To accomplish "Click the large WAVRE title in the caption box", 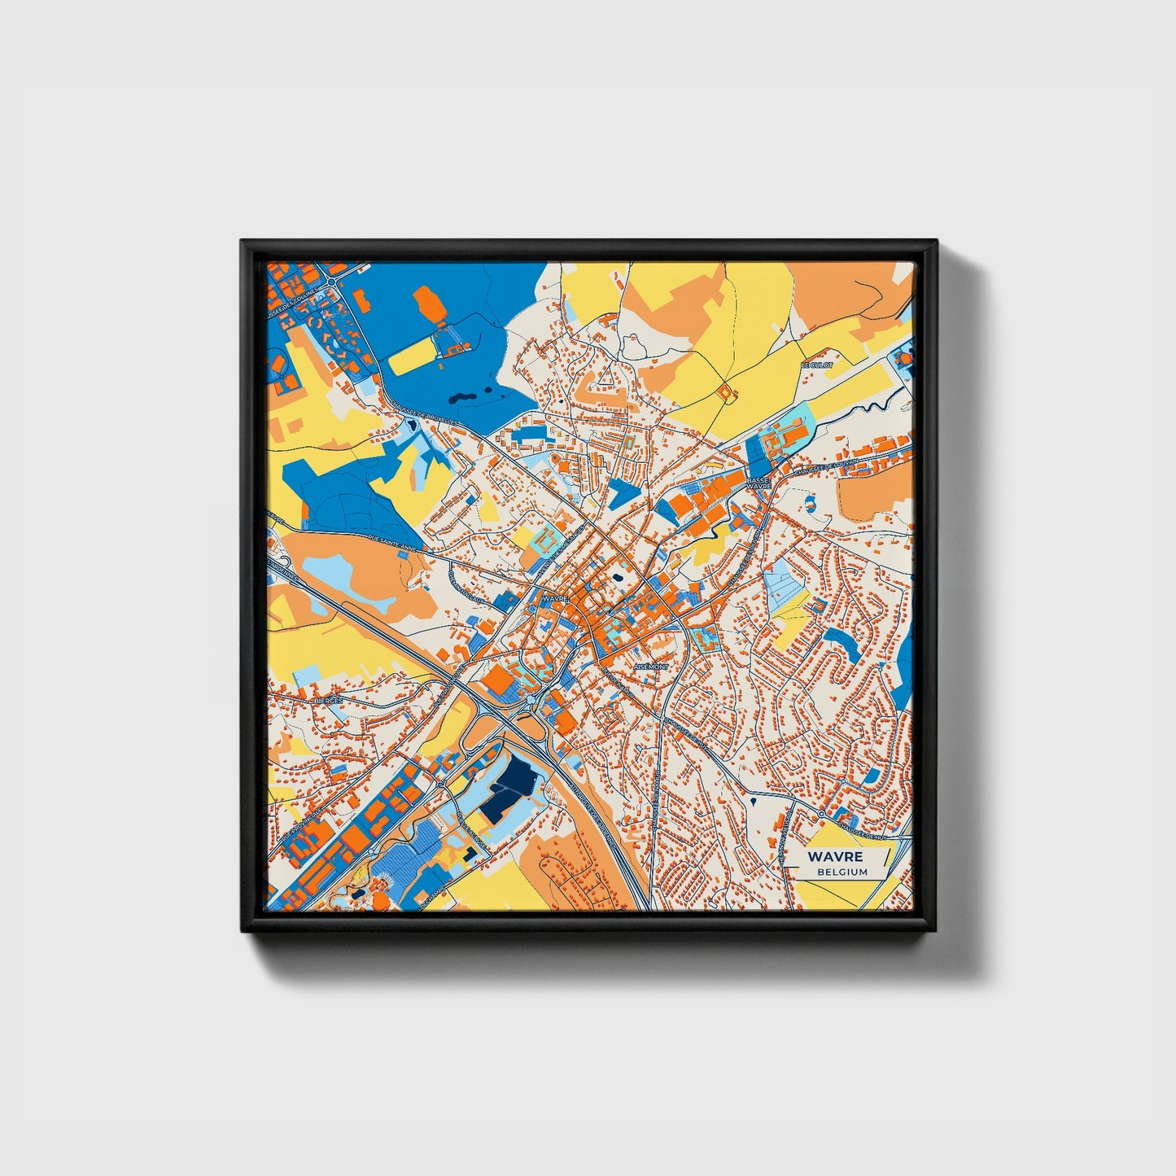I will [836, 857].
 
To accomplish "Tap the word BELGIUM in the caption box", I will [843, 872].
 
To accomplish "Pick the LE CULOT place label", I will [817, 365].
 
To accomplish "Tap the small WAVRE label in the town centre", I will [553, 598].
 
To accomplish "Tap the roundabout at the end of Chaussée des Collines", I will [334, 281].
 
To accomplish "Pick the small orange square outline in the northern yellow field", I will [724, 392].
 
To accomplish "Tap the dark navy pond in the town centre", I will [617, 579].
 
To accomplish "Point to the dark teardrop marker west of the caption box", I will [754, 802].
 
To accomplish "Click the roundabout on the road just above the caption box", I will [823, 813].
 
